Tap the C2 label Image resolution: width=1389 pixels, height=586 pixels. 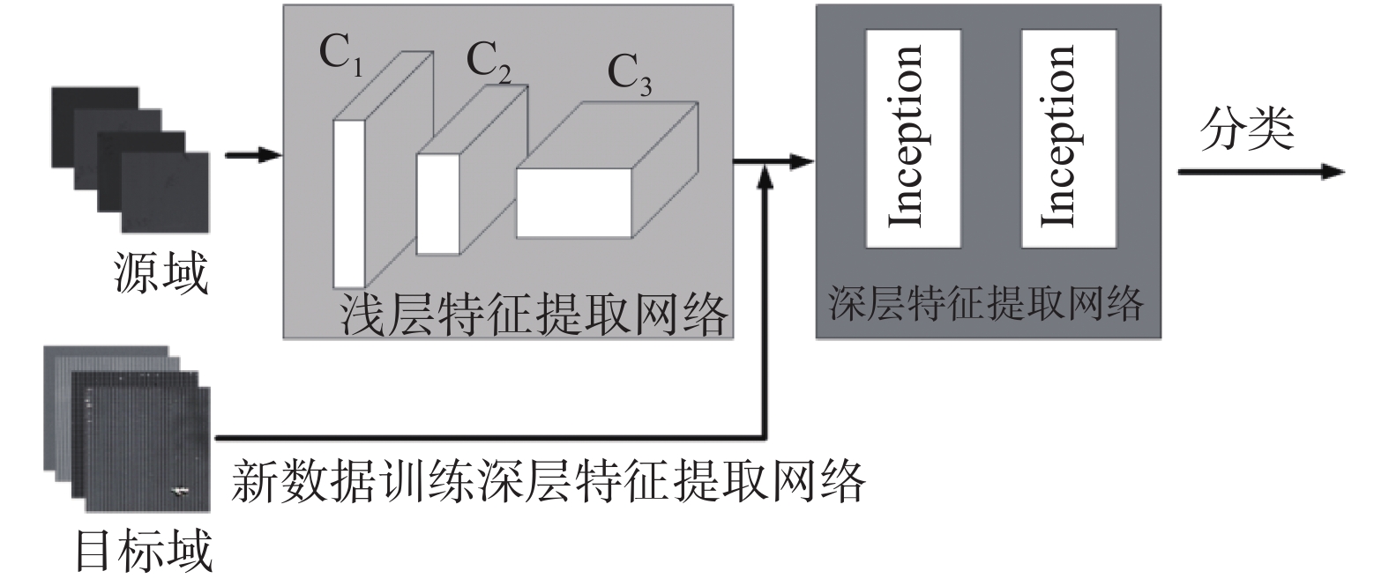tap(488, 63)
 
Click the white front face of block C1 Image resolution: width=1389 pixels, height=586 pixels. tap(348, 203)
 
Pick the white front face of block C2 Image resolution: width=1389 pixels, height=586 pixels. tap(438, 204)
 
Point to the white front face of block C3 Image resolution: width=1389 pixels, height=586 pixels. tap(573, 202)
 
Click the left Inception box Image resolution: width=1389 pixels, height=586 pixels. tap(913, 138)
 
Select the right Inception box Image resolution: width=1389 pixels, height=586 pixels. tap(1067, 138)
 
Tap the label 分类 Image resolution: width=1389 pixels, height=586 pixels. tap(1246, 130)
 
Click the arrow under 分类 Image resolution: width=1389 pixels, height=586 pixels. tap(1261, 172)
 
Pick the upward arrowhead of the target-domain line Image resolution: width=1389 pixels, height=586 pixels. tap(766, 177)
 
